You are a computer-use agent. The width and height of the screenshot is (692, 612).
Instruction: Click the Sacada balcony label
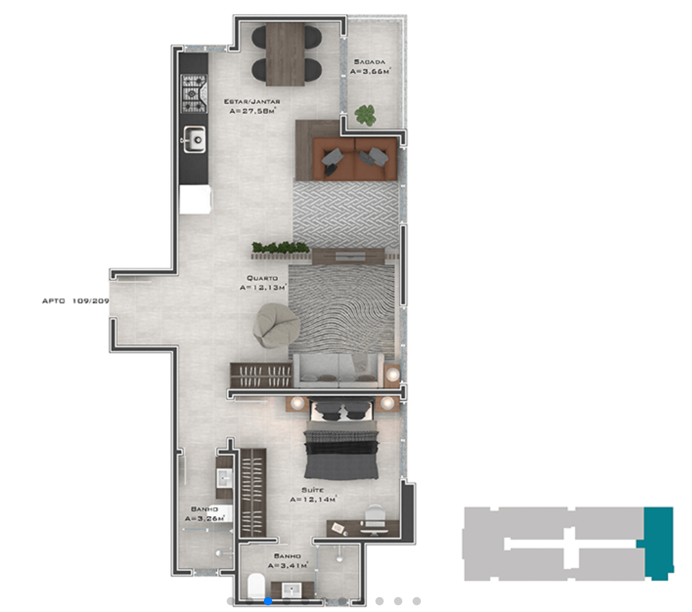pyautogui.click(x=370, y=62)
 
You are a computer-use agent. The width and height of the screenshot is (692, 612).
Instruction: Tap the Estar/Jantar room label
pyautogui.click(x=252, y=101)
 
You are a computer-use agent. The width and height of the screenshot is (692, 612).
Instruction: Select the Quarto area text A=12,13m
pyautogui.click(x=262, y=287)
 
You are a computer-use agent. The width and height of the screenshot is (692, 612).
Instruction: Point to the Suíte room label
pyautogui.click(x=312, y=490)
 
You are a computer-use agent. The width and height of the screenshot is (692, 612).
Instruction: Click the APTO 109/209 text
pyautogui.click(x=75, y=301)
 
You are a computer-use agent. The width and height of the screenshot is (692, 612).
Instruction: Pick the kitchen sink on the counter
pyautogui.click(x=195, y=139)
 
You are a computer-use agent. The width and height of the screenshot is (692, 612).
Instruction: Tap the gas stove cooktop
pyautogui.click(x=194, y=93)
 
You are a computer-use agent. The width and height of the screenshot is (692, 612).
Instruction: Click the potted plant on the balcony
pyautogui.click(x=365, y=115)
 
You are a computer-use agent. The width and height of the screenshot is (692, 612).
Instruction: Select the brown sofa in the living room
pyautogui.click(x=355, y=159)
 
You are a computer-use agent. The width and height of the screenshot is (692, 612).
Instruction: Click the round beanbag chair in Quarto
pyautogui.click(x=276, y=325)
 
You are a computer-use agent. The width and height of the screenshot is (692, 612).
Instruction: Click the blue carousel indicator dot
pyautogui.click(x=268, y=601)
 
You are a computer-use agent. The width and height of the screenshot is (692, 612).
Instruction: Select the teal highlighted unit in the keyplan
pyautogui.click(x=658, y=543)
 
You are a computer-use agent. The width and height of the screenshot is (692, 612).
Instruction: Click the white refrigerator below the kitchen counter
pyautogui.click(x=195, y=200)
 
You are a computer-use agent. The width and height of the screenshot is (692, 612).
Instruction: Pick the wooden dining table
pyautogui.click(x=285, y=54)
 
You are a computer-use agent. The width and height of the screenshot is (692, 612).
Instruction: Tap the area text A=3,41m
pyautogui.click(x=288, y=566)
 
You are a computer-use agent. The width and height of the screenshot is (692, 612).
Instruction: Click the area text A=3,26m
pyautogui.click(x=205, y=519)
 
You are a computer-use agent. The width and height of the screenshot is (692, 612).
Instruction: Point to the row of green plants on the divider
pyautogui.click(x=280, y=247)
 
